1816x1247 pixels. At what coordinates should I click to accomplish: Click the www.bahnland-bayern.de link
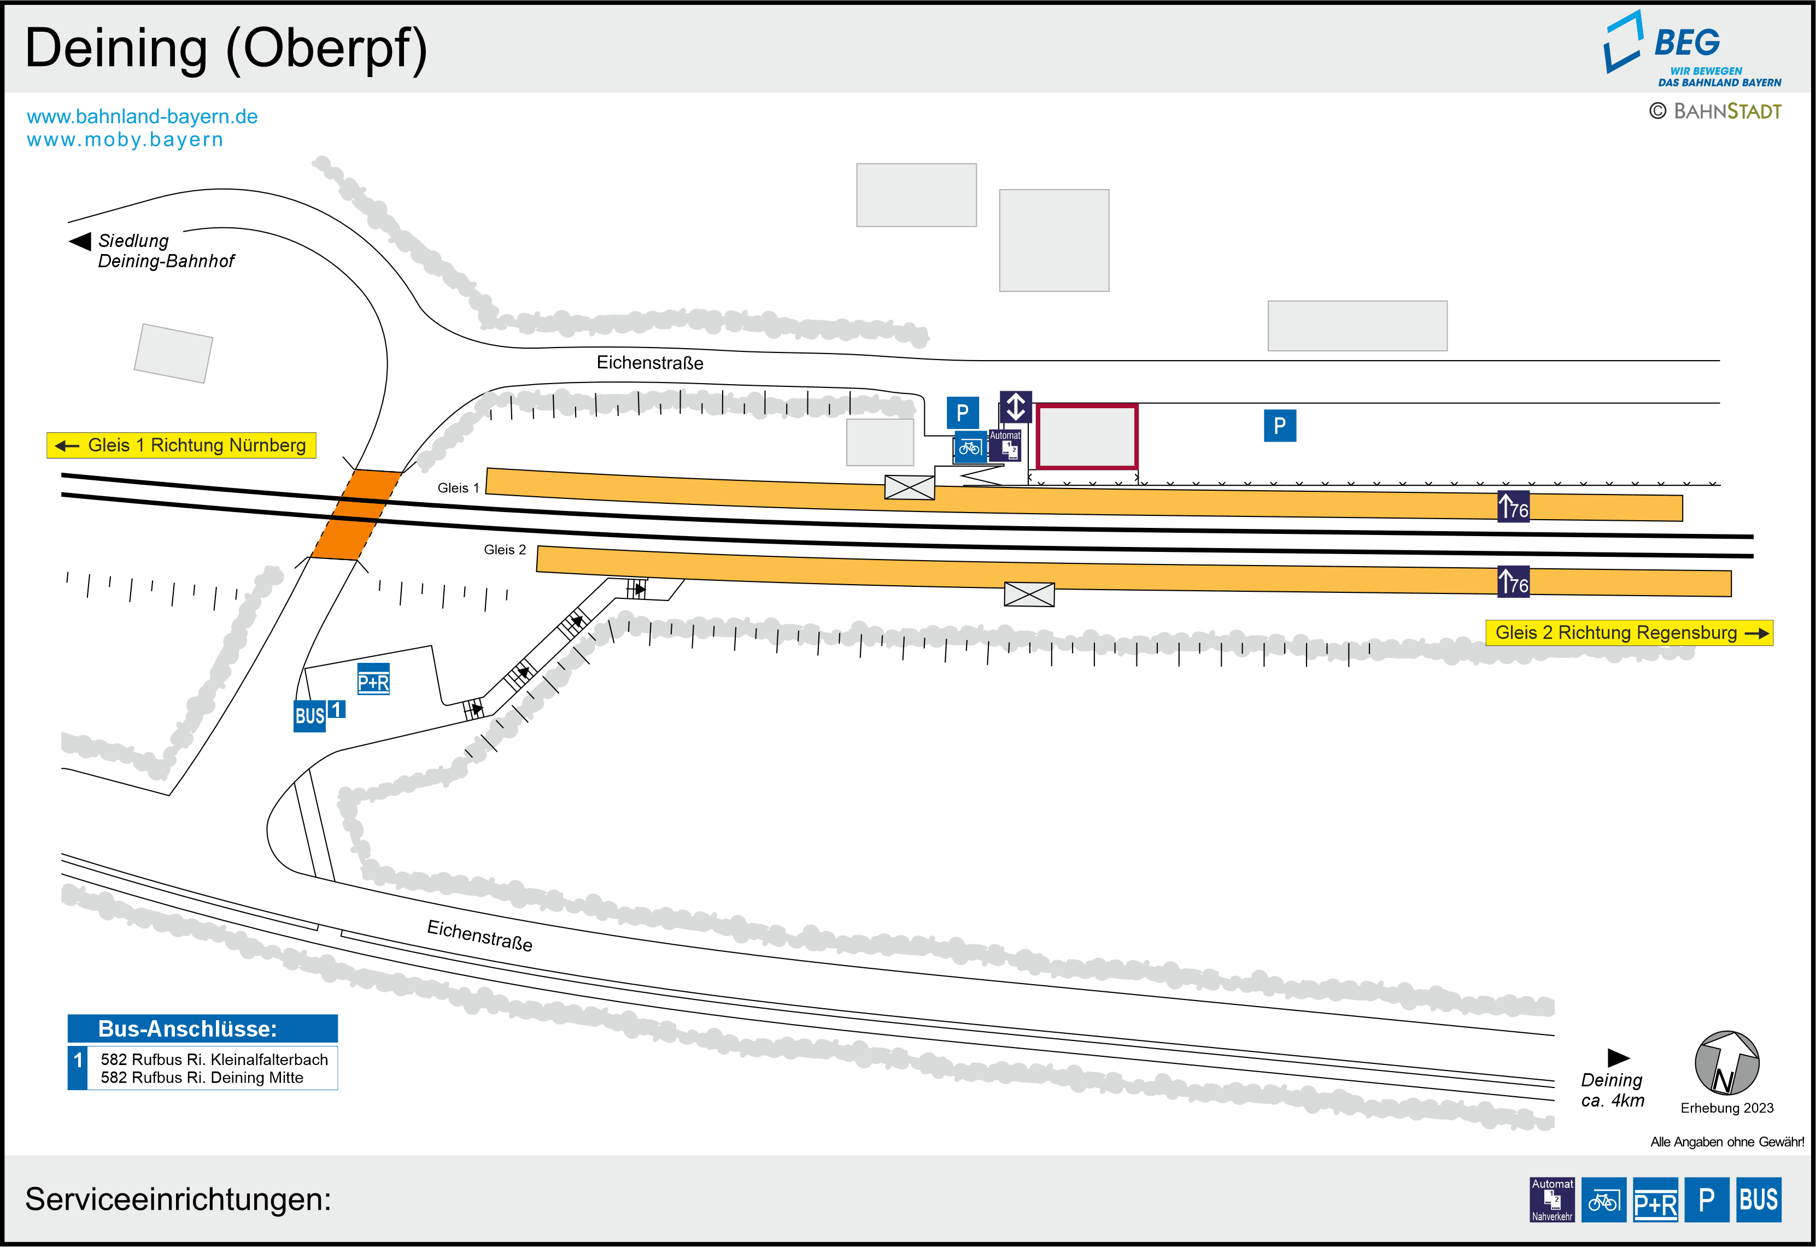pos(142,116)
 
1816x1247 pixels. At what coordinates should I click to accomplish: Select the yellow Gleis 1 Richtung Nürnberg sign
pos(181,445)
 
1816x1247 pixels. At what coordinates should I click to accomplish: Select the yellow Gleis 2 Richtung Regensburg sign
pos(1629,633)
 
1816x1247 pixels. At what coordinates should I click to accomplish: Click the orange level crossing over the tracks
pos(356,514)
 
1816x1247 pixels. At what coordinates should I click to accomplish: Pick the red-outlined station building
pos(1087,437)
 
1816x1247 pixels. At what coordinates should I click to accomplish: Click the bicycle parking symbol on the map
pos(970,448)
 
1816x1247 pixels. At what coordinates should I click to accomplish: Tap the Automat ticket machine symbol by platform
pos(1005,445)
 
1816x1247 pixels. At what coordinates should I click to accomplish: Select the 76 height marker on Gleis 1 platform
pos(1514,507)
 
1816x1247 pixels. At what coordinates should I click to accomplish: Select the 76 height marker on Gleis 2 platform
pos(1514,581)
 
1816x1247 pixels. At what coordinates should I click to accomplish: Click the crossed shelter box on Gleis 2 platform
pos(1029,595)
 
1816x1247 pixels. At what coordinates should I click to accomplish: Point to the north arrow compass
pos(1727,1063)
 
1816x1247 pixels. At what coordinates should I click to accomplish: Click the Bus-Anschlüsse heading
pos(188,1029)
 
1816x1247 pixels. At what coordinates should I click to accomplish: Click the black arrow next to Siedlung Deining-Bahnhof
pos(80,240)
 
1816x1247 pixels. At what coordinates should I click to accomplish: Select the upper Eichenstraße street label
pos(650,362)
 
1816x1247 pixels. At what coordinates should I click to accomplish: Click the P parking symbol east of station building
pos(1280,426)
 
